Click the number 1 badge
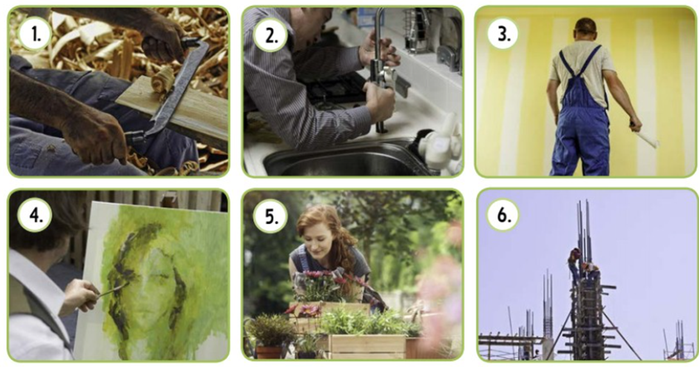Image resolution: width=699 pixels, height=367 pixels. pos(35,34)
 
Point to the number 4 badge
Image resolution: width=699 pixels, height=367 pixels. pos(35,216)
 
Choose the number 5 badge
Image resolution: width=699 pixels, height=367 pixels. pos(270,216)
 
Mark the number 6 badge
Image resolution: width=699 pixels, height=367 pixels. pos(503,216)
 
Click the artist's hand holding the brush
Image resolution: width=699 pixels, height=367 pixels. pos(80,296)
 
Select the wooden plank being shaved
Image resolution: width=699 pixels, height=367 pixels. pos(174,111)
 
